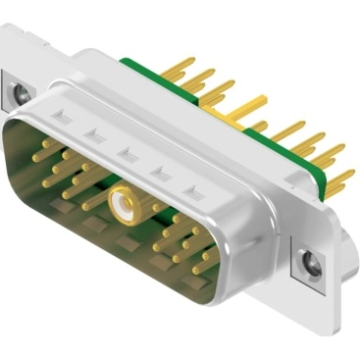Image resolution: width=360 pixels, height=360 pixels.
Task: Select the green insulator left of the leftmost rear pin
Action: pyautogui.click(x=137, y=63)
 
